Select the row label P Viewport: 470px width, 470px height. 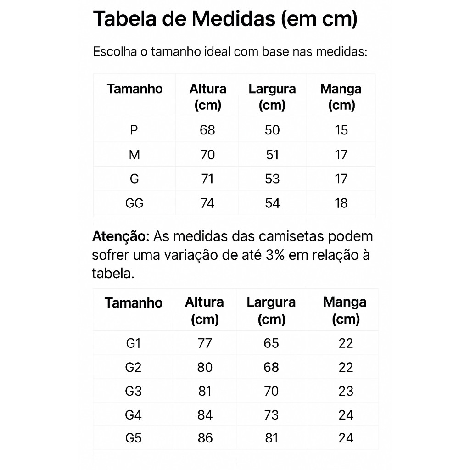tap(134, 130)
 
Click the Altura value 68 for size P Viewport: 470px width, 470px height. tap(207, 130)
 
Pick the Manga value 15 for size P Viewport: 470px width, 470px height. tap(341, 130)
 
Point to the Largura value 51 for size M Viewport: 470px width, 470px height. tap(272, 155)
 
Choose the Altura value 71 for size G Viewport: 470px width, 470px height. tap(207, 179)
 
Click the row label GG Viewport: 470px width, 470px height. tap(134, 203)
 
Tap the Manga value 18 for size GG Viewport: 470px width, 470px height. tap(341, 203)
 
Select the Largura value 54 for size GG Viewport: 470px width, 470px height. tap(272, 203)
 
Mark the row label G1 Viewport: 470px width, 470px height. tap(133, 343)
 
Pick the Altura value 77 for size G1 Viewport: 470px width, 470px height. tap(205, 343)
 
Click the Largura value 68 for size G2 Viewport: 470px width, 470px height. tap(271, 367)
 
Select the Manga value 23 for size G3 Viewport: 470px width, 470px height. tap(346, 391)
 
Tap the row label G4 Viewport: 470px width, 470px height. tap(133, 415)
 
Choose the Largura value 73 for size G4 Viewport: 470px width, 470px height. tap(271, 415)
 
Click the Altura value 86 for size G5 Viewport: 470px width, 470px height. tap(205, 438)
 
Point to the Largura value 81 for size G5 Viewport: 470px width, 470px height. tap(271, 438)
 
